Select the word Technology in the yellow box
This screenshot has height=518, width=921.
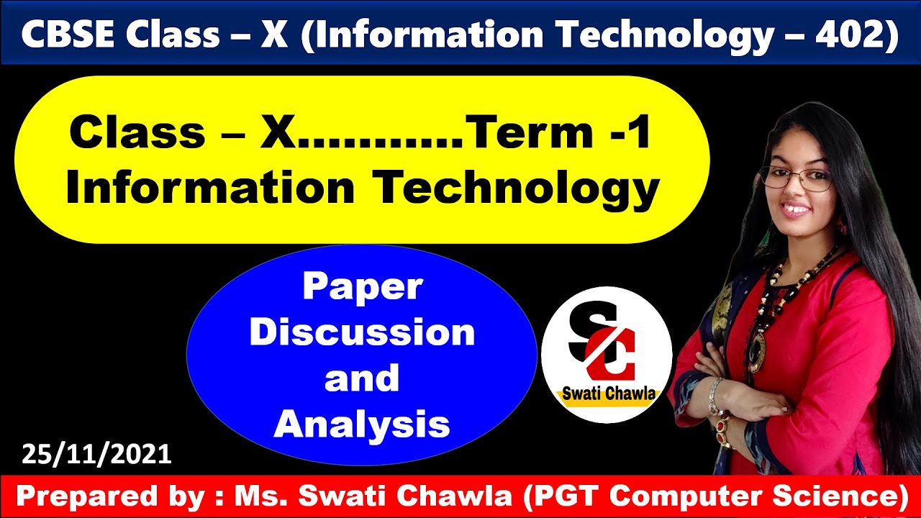pyautogui.click(x=517, y=188)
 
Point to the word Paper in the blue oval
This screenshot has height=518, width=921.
pyautogui.click(x=362, y=287)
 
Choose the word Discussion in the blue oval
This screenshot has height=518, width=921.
pyautogui.click(x=362, y=332)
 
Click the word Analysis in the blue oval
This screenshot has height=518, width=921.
pyautogui.click(x=362, y=424)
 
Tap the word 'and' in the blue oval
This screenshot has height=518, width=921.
pyautogui.click(x=362, y=378)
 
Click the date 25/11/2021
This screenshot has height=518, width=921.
pyautogui.click(x=96, y=454)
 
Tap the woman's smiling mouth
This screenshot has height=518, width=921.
pyautogui.click(x=797, y=211)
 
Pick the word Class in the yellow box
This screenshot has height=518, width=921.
pyautogui.click(x=137, y=134)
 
